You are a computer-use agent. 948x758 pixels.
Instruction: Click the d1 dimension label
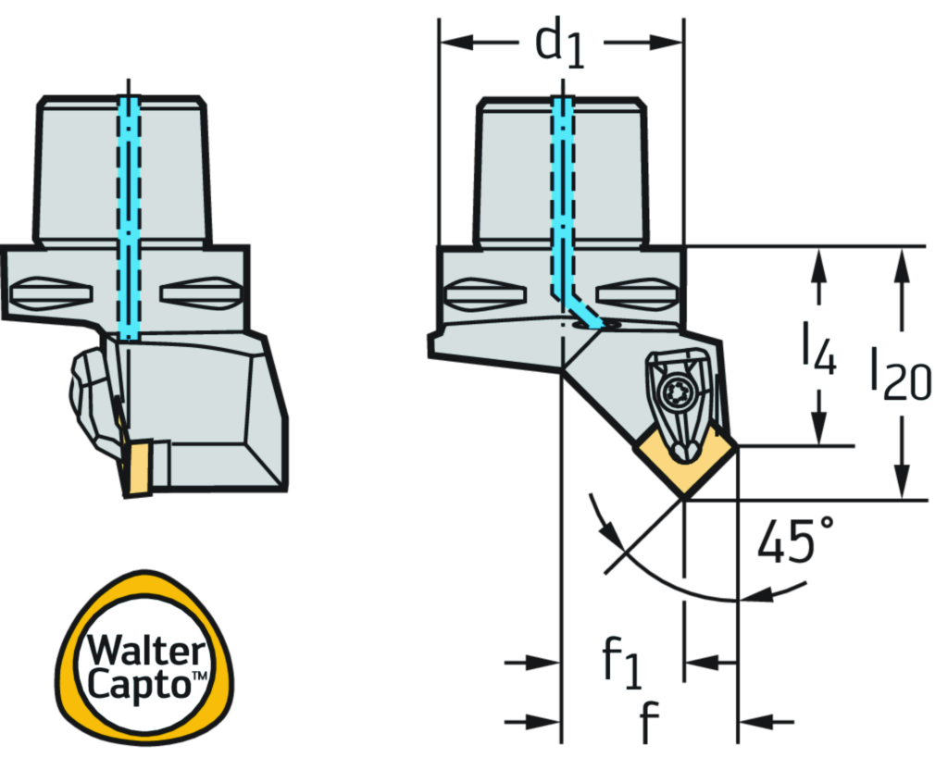[x=561, y=44]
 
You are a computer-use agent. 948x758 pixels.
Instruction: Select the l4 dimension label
[x=818, y=347]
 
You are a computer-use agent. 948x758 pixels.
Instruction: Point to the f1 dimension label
[x=621, y=662]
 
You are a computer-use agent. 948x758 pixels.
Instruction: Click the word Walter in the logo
[x=145, y=651]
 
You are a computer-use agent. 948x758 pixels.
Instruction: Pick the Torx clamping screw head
[x=675, y=393]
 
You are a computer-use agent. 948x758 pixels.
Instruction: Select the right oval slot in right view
[x=637, y=295]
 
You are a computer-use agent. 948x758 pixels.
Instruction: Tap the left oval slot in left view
[x=51, y=293]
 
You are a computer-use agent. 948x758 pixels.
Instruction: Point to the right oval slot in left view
[x=200, y=293]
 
